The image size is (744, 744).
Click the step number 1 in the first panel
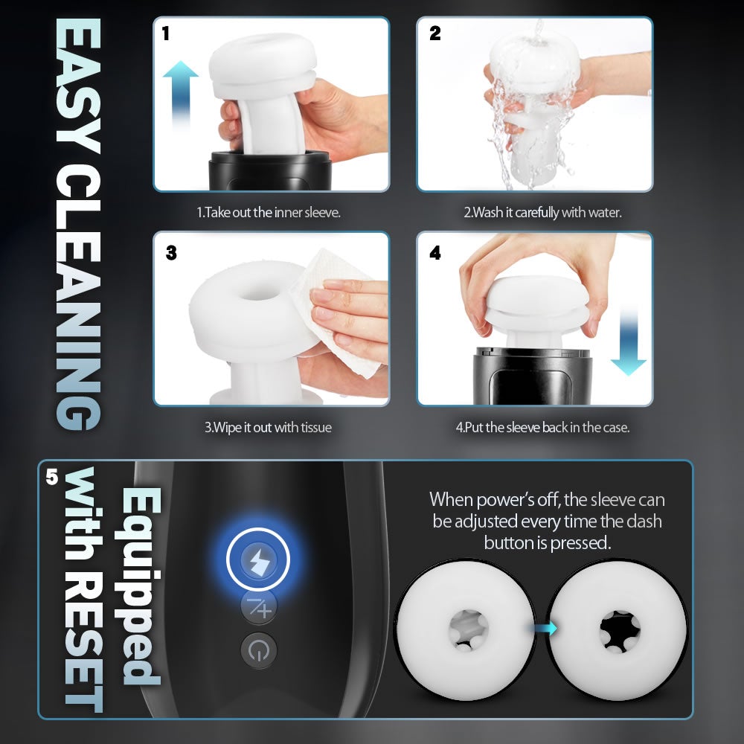pos(167,33)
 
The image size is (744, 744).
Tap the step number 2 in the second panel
pos(435,33)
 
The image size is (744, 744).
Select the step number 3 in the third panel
pos(171,253)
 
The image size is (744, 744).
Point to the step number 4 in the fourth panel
pos(435,253)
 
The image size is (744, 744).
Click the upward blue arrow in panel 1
pos(180,93)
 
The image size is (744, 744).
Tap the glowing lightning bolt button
pos(258,559)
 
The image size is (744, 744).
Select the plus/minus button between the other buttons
pos(258,609)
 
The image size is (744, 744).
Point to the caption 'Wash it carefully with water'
pos(542,212)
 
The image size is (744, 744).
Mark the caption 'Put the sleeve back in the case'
pos(542,428)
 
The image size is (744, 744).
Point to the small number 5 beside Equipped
pos(51,476)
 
